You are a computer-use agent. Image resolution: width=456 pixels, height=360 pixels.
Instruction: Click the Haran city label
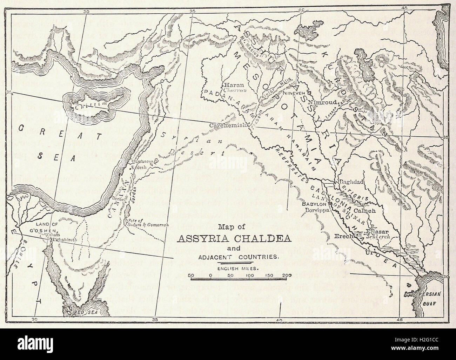[x=232, y=85]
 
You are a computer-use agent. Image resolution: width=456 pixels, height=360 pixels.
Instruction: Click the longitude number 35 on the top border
[x=192, y=12]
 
